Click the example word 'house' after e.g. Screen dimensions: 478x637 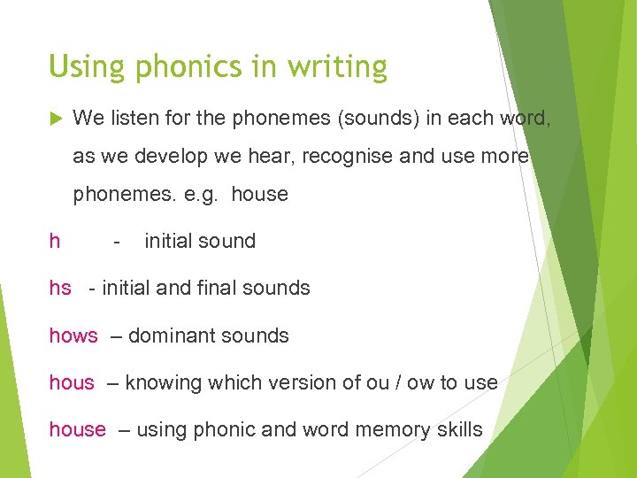[259, 195]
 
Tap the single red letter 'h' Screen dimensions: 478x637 [55, 241]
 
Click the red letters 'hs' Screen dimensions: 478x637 [60, 288]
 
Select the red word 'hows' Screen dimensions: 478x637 [73, 335]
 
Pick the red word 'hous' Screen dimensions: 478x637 [72, 382]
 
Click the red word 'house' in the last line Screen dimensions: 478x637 [77, 430]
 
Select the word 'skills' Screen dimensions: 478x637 [460, 430]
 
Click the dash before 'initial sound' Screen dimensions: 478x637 [116, 241]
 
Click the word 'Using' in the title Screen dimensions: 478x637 [78, 67]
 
